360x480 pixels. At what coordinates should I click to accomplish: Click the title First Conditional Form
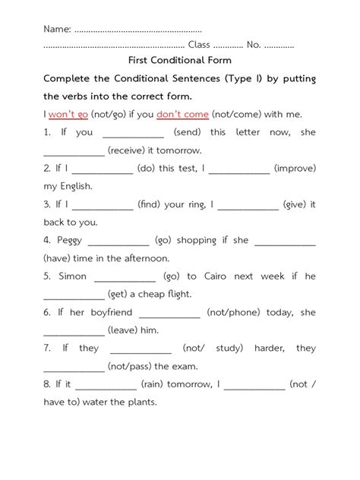pyautogui.click(x=180, y=60)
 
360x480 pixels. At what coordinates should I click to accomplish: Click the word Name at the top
pyautogui.click(x=57, y=29)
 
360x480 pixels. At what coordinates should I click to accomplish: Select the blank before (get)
pyautogui.click(x=74, y=295)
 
